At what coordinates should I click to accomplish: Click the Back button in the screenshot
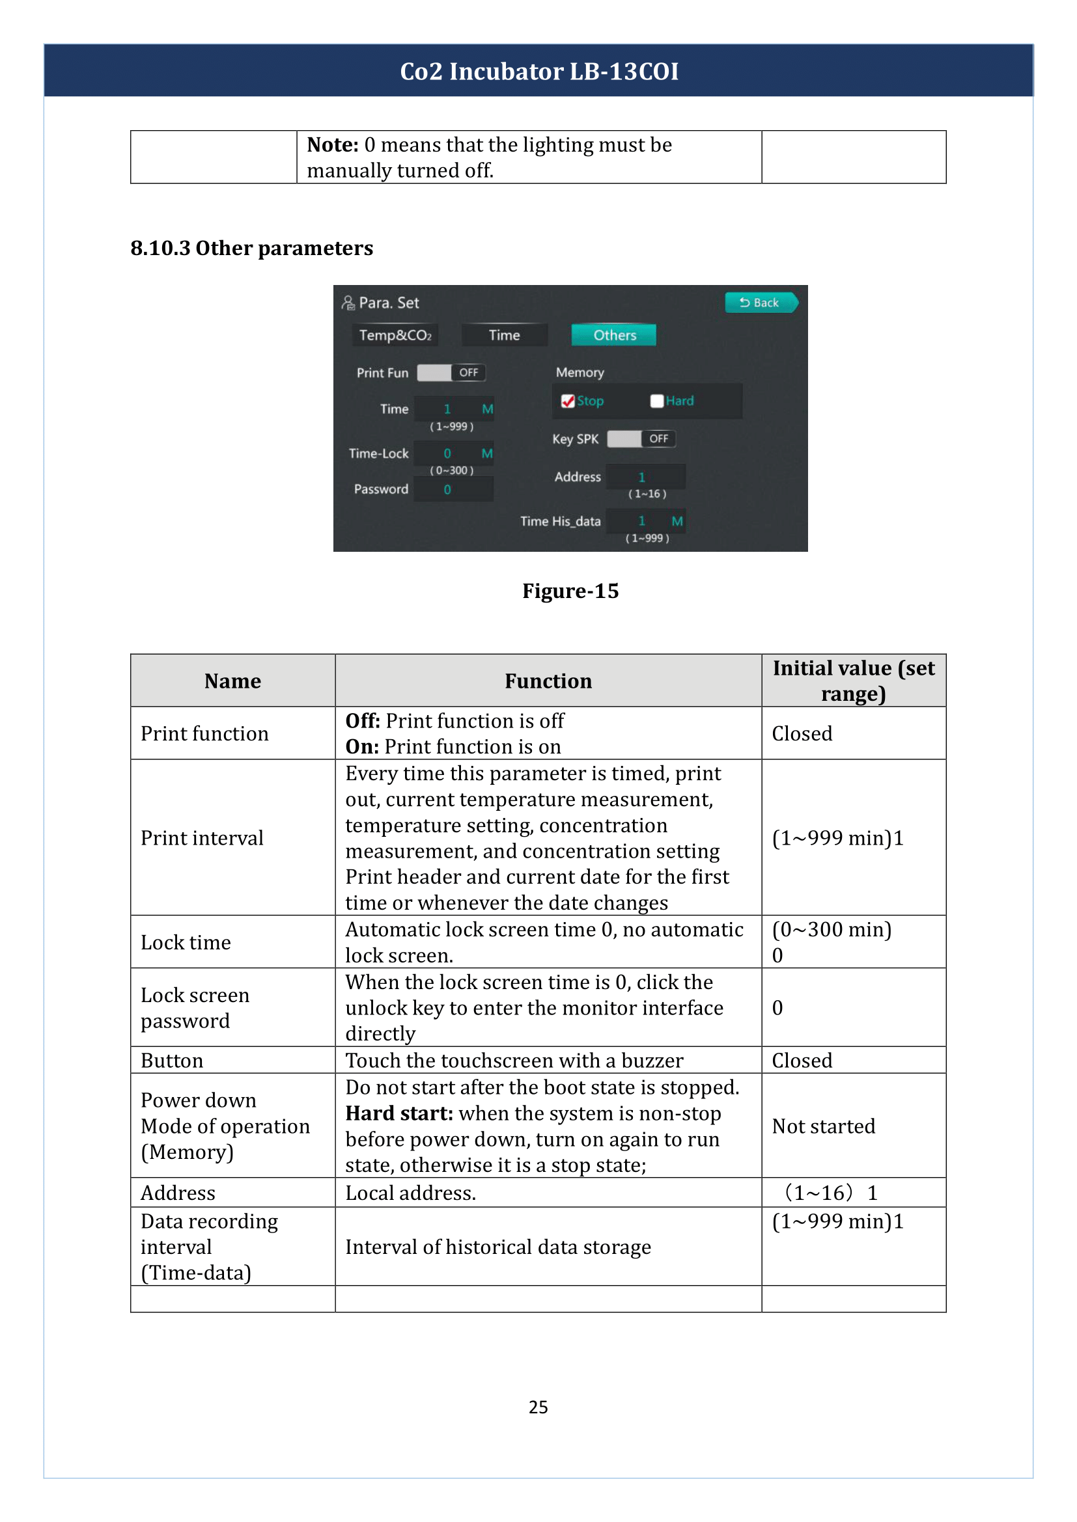(x=760, y=303)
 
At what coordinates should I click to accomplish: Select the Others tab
(x=613, y=335)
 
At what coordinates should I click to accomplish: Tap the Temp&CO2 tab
(x=395, y=335)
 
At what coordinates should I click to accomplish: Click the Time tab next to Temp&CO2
(x=504, y=335)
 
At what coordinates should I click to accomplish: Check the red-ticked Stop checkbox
(x=568, y=401)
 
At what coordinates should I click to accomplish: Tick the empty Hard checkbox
(x=656, y=401)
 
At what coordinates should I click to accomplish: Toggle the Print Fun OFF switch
(x=451, y=373)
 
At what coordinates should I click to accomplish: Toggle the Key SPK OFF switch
(x=641, y=439)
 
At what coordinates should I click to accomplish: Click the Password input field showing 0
(x=453, y=490)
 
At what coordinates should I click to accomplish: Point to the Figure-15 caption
(x=570, y=591)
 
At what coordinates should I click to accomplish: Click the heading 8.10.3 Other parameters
(x=251, y=248)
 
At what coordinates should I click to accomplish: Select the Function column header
(x=548, y=681)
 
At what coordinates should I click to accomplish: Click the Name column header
(x=232, y=681)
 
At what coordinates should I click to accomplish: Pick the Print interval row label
(x=202, y=838)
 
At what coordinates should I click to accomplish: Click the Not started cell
(x=823, y=1126)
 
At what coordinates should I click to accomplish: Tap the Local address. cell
(x=410, y=1193)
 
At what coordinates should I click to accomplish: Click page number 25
(x=538, y=1407)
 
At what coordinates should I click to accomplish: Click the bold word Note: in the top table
(x=332, y=144)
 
